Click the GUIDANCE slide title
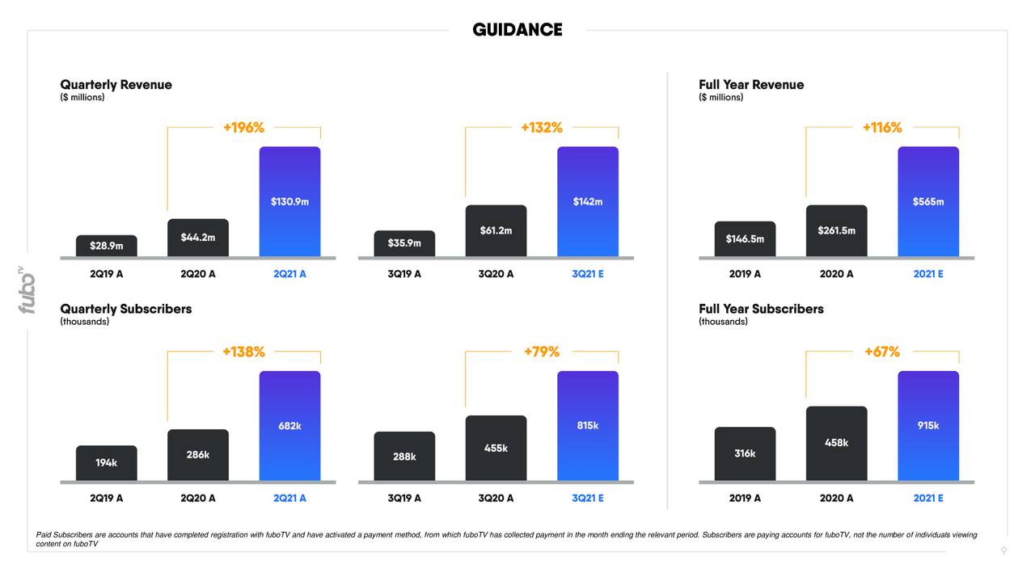click(x=517, y=30)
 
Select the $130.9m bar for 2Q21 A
click(x=289, y=201)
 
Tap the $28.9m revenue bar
click(x=107, y=246)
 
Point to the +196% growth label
click(x=243, y=128)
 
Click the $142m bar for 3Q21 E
click(x=588, y=201)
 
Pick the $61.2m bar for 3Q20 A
click(x=496, y=230)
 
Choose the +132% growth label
click(x=542, y=128)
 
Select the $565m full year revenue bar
click(x=928, y=201)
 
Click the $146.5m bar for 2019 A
click(x=745, y=239)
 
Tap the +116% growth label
click(x=882, y=128)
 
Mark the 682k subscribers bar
click(x=289, y=426)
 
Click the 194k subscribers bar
click(x=107, y=463)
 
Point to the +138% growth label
click(x=243, y=352)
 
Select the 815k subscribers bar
click(x=588, y=426)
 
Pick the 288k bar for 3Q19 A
click(x=404, y=457)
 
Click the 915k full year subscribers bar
click(x=928, y=426)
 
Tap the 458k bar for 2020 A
click(x=836, y=443)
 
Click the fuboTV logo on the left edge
click(x=27, y=289)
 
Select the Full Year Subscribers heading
click(x=761, y=309)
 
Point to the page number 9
click(x=1003, y=551)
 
